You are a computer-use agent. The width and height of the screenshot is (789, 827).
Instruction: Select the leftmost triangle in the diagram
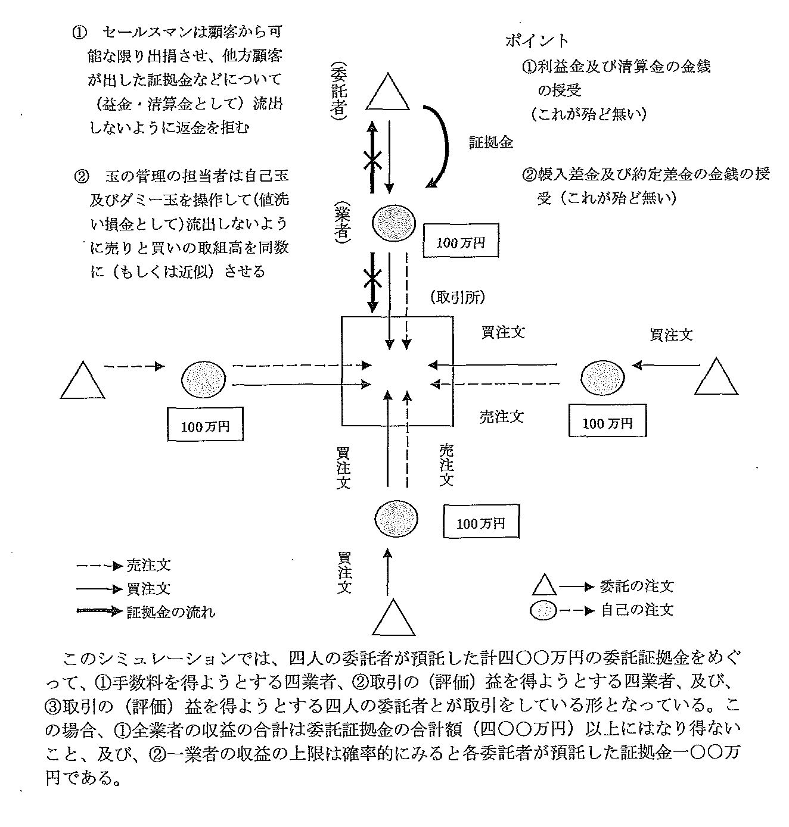pos(83,382)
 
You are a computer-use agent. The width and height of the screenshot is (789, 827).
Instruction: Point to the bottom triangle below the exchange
pos(393,620)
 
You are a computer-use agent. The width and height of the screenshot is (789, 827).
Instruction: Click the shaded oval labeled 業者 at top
pos(393,221)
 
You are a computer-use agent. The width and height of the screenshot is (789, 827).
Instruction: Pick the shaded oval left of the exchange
pos(203,379)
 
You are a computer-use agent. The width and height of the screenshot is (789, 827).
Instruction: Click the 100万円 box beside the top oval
pos(461,241)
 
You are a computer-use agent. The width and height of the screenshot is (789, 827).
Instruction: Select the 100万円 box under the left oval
pos(206,425)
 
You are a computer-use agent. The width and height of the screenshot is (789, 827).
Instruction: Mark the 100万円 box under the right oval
pos(607,423)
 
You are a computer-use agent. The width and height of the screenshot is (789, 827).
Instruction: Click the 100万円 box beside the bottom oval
pos(480,523)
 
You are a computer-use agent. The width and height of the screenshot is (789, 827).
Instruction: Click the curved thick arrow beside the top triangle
pos(443,146)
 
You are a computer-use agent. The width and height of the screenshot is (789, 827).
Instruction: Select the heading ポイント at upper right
pos(537,40)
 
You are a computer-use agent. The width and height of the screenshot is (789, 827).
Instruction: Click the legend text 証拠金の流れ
pos(171,611)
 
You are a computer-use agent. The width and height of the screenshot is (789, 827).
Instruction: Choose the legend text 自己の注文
pos(637,610)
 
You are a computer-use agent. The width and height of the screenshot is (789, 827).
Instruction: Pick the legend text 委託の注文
pos(637,586)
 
